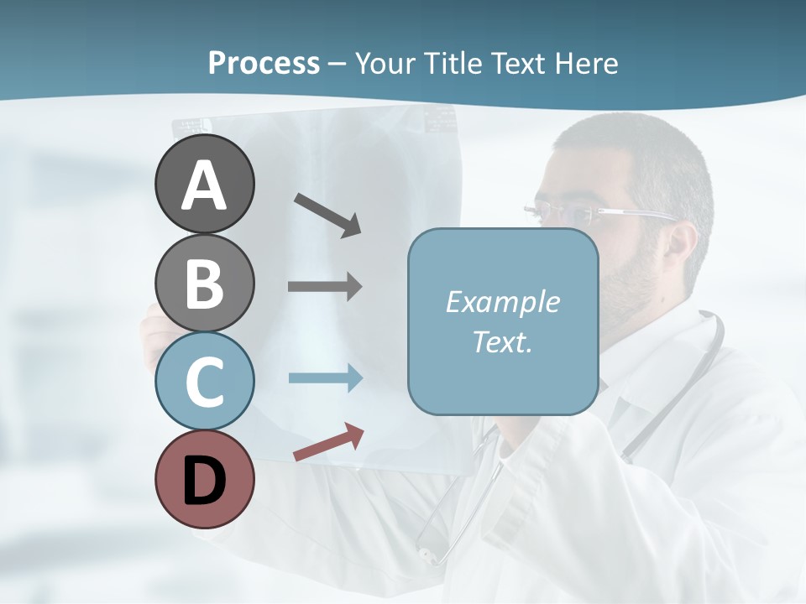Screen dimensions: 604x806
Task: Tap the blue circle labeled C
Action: pos(204,381)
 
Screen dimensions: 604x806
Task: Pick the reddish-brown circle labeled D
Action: pos(204,479)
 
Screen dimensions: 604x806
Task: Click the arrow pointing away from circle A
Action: pos(327,215)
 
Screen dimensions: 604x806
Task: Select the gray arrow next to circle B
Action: pos(325,287)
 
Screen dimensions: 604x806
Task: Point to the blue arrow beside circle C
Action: pos(325,377)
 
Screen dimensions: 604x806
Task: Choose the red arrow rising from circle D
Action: pos(328,443)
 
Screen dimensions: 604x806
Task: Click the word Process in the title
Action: pos(264,63)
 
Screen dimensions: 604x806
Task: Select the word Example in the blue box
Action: pos(502,302)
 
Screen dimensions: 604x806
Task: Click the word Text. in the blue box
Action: pos(502,341)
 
